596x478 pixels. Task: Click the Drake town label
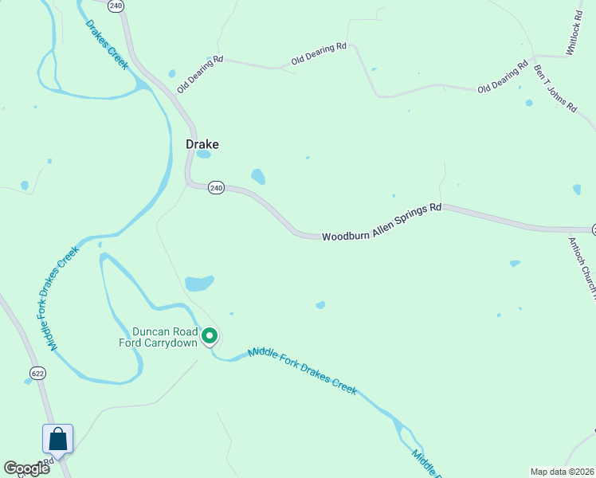(x=202, y=144)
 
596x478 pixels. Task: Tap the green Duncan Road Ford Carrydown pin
(x=210, y=337)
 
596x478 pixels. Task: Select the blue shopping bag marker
(x=57, y=439)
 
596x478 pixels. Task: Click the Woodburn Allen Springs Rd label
(x=382, y=221)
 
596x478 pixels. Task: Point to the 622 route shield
(x=37, y=373)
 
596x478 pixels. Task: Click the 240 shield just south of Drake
(x=216, y=188)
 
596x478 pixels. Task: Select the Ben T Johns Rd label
(x=555, y=88)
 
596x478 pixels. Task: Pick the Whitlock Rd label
(x=576, y=33)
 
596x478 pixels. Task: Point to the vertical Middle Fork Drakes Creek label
(x=63, y=299)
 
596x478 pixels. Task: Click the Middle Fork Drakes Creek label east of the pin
(x=302, y=370)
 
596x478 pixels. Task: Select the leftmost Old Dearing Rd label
(x=199, y=74)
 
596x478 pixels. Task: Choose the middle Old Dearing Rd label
(x=319, y=53)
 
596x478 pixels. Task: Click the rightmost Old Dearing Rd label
(x=503, y=76)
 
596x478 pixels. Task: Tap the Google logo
(x=26, y=468)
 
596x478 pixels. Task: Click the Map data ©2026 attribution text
(x=563, y=472)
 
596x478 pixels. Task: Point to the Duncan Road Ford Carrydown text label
(x=165, y=337)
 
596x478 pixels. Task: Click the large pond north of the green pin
(x=199, y=283)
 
